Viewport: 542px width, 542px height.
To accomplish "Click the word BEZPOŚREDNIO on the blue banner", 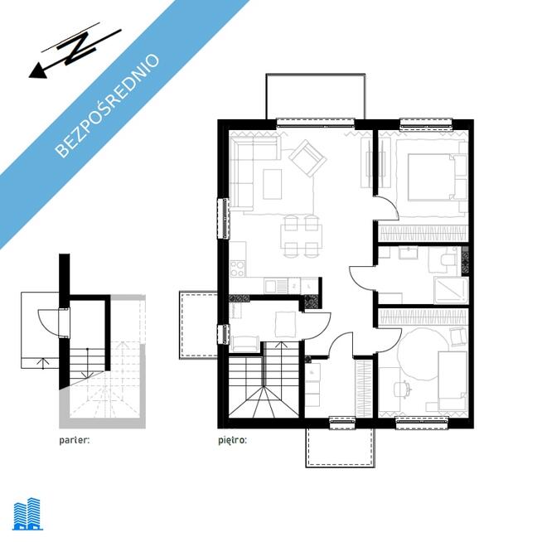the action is (x=107, y=105).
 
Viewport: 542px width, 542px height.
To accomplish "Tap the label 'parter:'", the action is (x=75, y=440).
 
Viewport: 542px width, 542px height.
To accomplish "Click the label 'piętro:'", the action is (x=232, y=440).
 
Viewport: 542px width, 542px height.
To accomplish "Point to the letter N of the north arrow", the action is (x=79, y=47).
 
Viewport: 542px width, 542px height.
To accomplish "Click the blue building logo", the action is (x=27, y=514).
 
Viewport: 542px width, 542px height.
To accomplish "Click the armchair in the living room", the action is (x=307, y=158).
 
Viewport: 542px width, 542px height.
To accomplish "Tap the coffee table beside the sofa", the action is (x=273, y=184).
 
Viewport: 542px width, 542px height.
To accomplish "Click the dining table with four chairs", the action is (x=302, y=236).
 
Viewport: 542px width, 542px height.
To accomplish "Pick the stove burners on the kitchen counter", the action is (x=238, y=269).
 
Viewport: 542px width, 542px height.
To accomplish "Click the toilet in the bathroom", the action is (x=448, y=260).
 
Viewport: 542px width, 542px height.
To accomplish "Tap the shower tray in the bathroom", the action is (x=451, y=290).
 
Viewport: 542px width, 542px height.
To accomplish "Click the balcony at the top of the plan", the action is (x=315, y=96).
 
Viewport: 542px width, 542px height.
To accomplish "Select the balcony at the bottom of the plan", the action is (x=340, y=448).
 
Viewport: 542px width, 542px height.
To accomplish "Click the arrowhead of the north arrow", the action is (x=37, y=71).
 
